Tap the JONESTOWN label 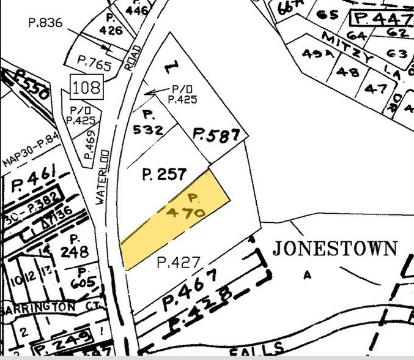335,249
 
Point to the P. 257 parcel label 163,175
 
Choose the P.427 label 179,263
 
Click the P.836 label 46,23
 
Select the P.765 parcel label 93,61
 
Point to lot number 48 348,72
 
